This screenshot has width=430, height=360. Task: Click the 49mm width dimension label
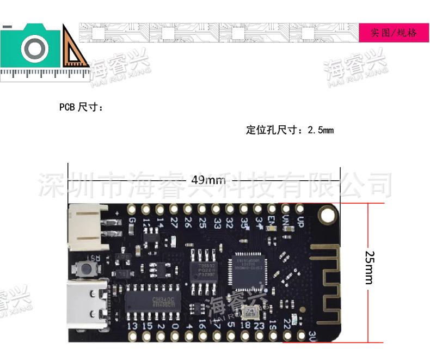[208, 180]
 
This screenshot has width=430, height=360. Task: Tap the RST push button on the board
[86, 268]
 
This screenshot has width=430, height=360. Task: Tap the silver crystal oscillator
[251, 313]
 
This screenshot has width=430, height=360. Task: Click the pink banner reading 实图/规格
[394, 33]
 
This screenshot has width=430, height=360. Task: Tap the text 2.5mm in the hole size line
[320, 130]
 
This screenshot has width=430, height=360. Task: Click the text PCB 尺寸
[81, 107]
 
